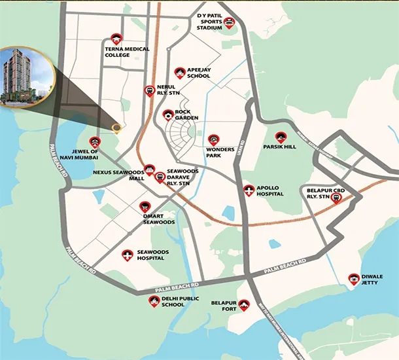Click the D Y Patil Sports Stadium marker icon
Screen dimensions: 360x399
tap(229, 24)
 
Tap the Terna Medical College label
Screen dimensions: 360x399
tap(127, 52)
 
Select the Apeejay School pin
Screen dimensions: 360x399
tap(179, 72)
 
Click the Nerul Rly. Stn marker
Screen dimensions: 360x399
tap(150, 90)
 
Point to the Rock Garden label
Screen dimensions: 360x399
tap(186, 115)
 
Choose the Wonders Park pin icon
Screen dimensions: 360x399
tap(213, 139)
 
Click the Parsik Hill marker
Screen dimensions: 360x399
tap(280, 136)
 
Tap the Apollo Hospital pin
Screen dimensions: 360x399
tap(248, 190)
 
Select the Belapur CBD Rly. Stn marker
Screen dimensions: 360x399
tap(336, 198)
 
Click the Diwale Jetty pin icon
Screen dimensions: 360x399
tap(354, 278)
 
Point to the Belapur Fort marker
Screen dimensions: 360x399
tap(244, 304)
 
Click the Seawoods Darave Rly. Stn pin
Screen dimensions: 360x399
tap(160, 176)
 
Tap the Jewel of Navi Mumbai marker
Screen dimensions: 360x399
tap(95, 141)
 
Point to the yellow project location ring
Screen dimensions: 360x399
tap(116, 128)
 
